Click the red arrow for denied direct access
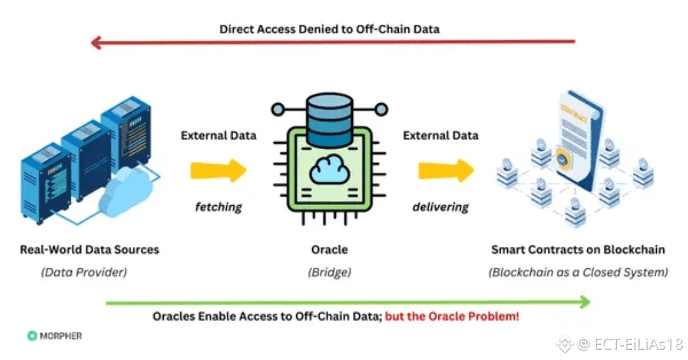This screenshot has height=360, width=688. [331, 43]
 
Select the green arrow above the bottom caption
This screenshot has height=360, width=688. [347, 302]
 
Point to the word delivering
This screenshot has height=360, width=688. [440, 206]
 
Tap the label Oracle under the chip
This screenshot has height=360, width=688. [329, 249]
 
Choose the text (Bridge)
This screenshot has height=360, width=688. [329, 272]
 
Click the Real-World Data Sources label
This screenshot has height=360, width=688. [89, 249]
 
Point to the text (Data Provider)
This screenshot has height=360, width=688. [84, 272]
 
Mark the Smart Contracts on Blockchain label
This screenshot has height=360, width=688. [578, 249]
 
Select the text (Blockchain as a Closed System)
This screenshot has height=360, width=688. [578, 272]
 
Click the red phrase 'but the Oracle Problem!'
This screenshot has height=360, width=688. [452, 316]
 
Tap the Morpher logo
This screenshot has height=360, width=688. [55, 336]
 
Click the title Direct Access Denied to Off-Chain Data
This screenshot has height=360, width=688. [329, 29]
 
